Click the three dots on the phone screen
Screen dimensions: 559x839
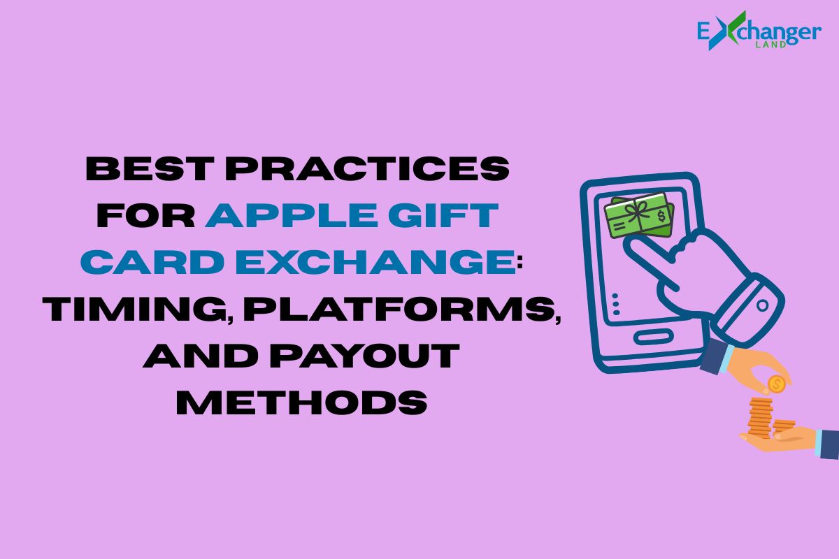click(616, 305)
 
